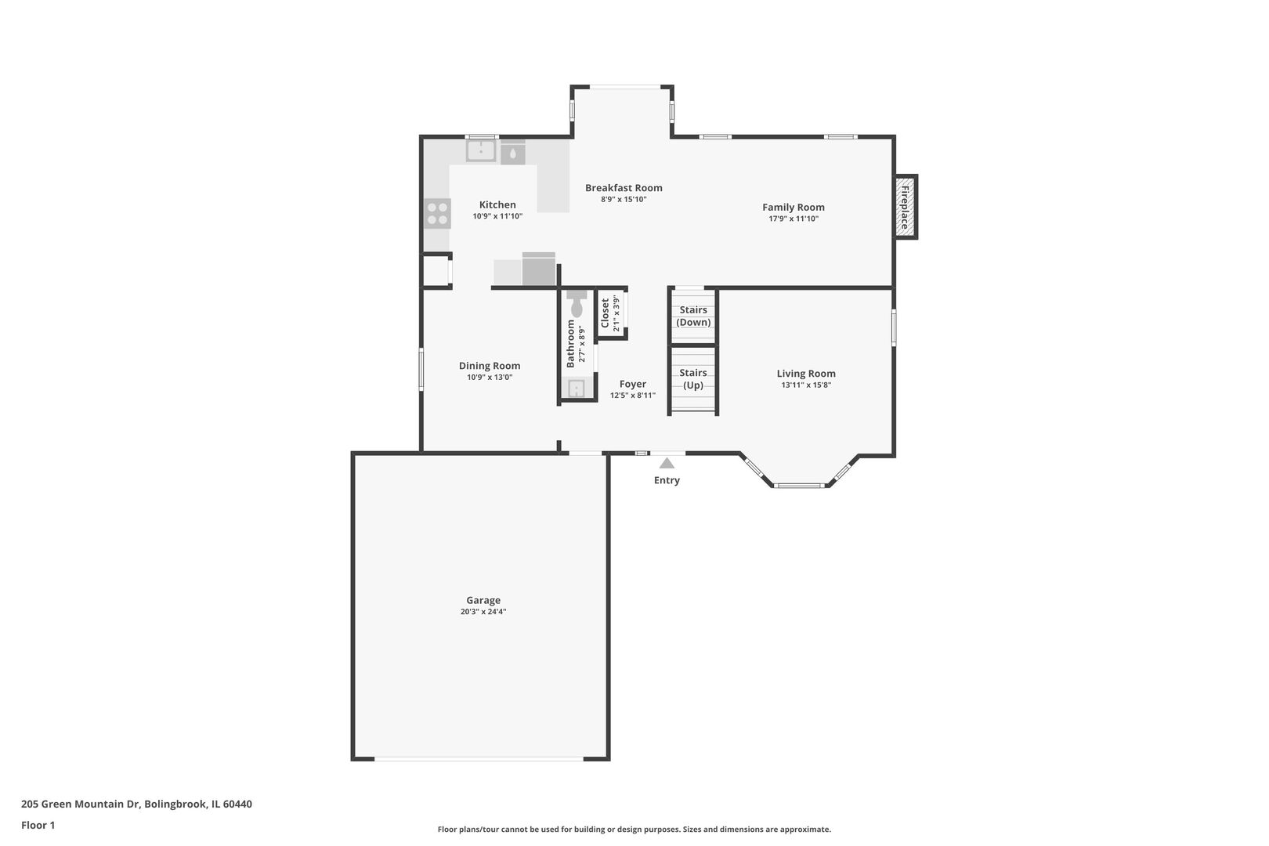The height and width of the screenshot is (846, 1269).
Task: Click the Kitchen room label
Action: tap(497, 204)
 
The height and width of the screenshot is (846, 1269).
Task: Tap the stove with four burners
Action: tap(437, 214)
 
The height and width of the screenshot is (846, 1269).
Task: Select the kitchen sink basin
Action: tap(481, 150)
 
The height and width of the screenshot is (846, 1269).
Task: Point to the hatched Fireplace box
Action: tap(906, 207)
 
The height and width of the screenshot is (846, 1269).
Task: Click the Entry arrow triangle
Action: tap(667, 463)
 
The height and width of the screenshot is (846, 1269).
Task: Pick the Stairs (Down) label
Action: tap(693, 316)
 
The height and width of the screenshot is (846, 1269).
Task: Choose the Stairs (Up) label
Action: tap(693, 378)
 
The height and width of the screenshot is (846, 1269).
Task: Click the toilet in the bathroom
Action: tap(577, 304)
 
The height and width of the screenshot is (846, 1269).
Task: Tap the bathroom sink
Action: tap(577, 389)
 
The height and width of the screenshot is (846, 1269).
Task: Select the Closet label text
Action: tap(605, 313)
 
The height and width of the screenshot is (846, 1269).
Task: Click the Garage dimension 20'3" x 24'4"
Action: tap(483, 612)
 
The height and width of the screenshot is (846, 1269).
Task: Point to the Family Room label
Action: tap(793, 207)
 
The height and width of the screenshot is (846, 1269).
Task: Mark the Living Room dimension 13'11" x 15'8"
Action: tap(806, 385)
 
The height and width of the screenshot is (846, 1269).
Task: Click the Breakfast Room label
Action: tap(624, 187)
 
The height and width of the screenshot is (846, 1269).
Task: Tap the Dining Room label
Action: tap(490, 366)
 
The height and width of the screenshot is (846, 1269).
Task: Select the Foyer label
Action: tap(633, 384)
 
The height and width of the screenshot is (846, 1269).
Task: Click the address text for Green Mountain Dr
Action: tap(136, 804)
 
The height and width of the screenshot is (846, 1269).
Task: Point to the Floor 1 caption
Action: tap(38, 825)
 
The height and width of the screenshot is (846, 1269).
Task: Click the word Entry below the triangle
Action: tap(667, 480)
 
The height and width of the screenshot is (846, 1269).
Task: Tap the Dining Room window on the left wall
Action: tap(421, 370)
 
